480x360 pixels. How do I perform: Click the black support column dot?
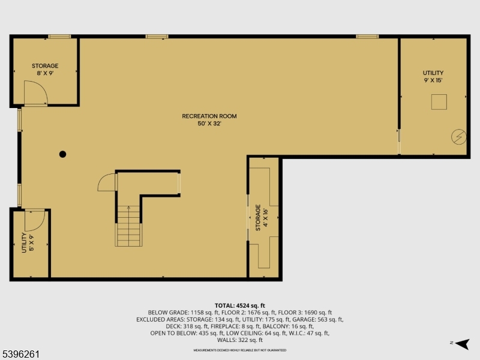pyautogui.click(x=62, y=154)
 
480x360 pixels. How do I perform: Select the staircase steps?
pyautogui.click(x=128, y=226)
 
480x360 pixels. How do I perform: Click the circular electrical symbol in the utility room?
pyautogui.click(x=458, y=137)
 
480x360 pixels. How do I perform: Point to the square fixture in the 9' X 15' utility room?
pyautogui.click(x=439, y=103)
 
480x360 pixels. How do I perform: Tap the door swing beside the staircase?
pyautogui.click(x=106, y=181)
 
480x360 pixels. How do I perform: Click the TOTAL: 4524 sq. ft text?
pyautogui.click(x=239, y=305)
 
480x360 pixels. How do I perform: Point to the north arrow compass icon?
pyautogui.click(x=460, y=343)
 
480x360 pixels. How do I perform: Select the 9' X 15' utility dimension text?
pyautogui.click(x=433, y=80)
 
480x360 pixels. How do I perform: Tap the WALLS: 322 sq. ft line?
pyautogui.click(x=239, y=340)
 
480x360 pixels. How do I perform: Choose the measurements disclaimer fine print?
pyautogui.click(x=239, y=350)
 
